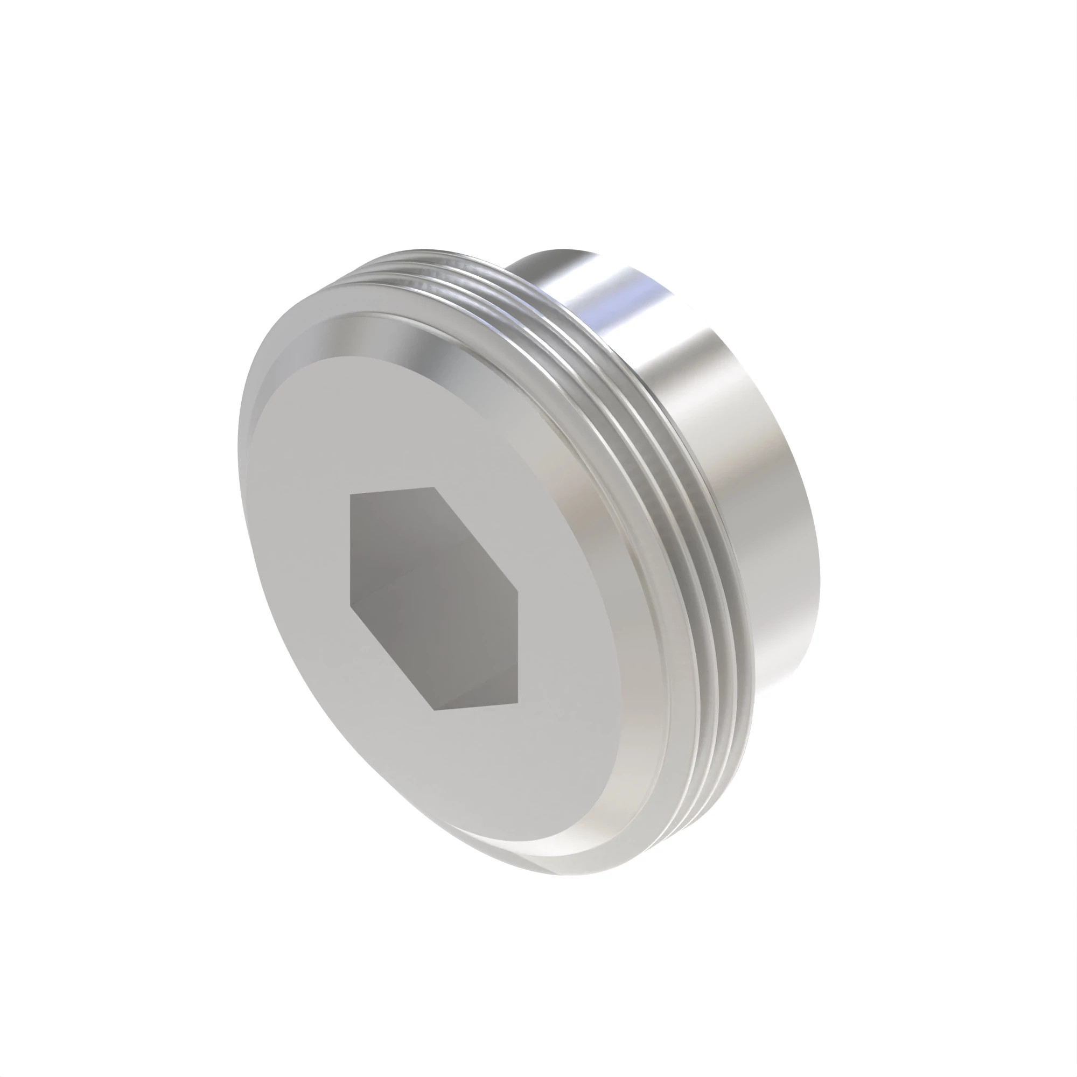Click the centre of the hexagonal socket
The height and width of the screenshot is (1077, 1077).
coord(433,602)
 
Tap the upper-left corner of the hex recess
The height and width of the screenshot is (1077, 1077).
coord(350,495)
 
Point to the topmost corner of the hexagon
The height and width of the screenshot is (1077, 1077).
coord(434,487)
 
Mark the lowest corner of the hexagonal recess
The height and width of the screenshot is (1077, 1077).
coord(434,710)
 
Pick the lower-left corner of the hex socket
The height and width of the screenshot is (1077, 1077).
coord(350,605)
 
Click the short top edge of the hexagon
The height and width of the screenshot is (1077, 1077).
coord(392,491)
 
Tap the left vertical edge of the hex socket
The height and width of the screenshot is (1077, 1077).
coord(350,549)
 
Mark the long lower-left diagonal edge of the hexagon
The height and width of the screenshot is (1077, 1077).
coord(392,658)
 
